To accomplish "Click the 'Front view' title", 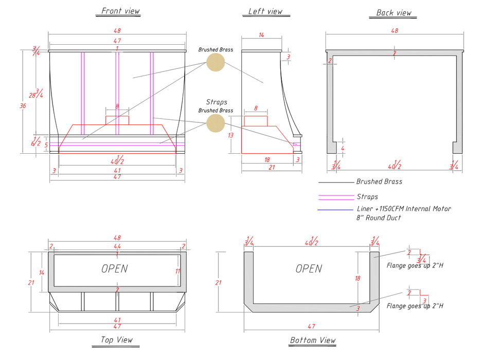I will pos(120,11).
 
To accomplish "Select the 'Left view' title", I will pos(265,11).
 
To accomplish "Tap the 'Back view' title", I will pos(393,13).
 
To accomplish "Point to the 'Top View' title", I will pos(116,339).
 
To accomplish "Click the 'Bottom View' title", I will pos(313,340).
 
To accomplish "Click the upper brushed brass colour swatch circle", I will pos(216,62).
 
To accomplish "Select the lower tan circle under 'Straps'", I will pos(216,122).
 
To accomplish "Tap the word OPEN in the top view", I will pos(114,268).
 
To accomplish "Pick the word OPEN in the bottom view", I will pos(309,268).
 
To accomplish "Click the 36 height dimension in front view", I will pos(22,105).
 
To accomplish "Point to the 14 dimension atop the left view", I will pos(261,35).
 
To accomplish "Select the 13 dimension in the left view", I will pos(231,135).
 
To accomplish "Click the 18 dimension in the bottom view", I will pos(358,278).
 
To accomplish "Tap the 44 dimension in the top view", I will pos(117,247).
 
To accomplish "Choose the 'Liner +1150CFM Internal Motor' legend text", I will pos(404,209).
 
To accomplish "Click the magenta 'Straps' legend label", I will pos(367,196).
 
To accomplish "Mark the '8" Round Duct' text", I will pos(379,218).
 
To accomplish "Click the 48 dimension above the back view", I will pos(395,31).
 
